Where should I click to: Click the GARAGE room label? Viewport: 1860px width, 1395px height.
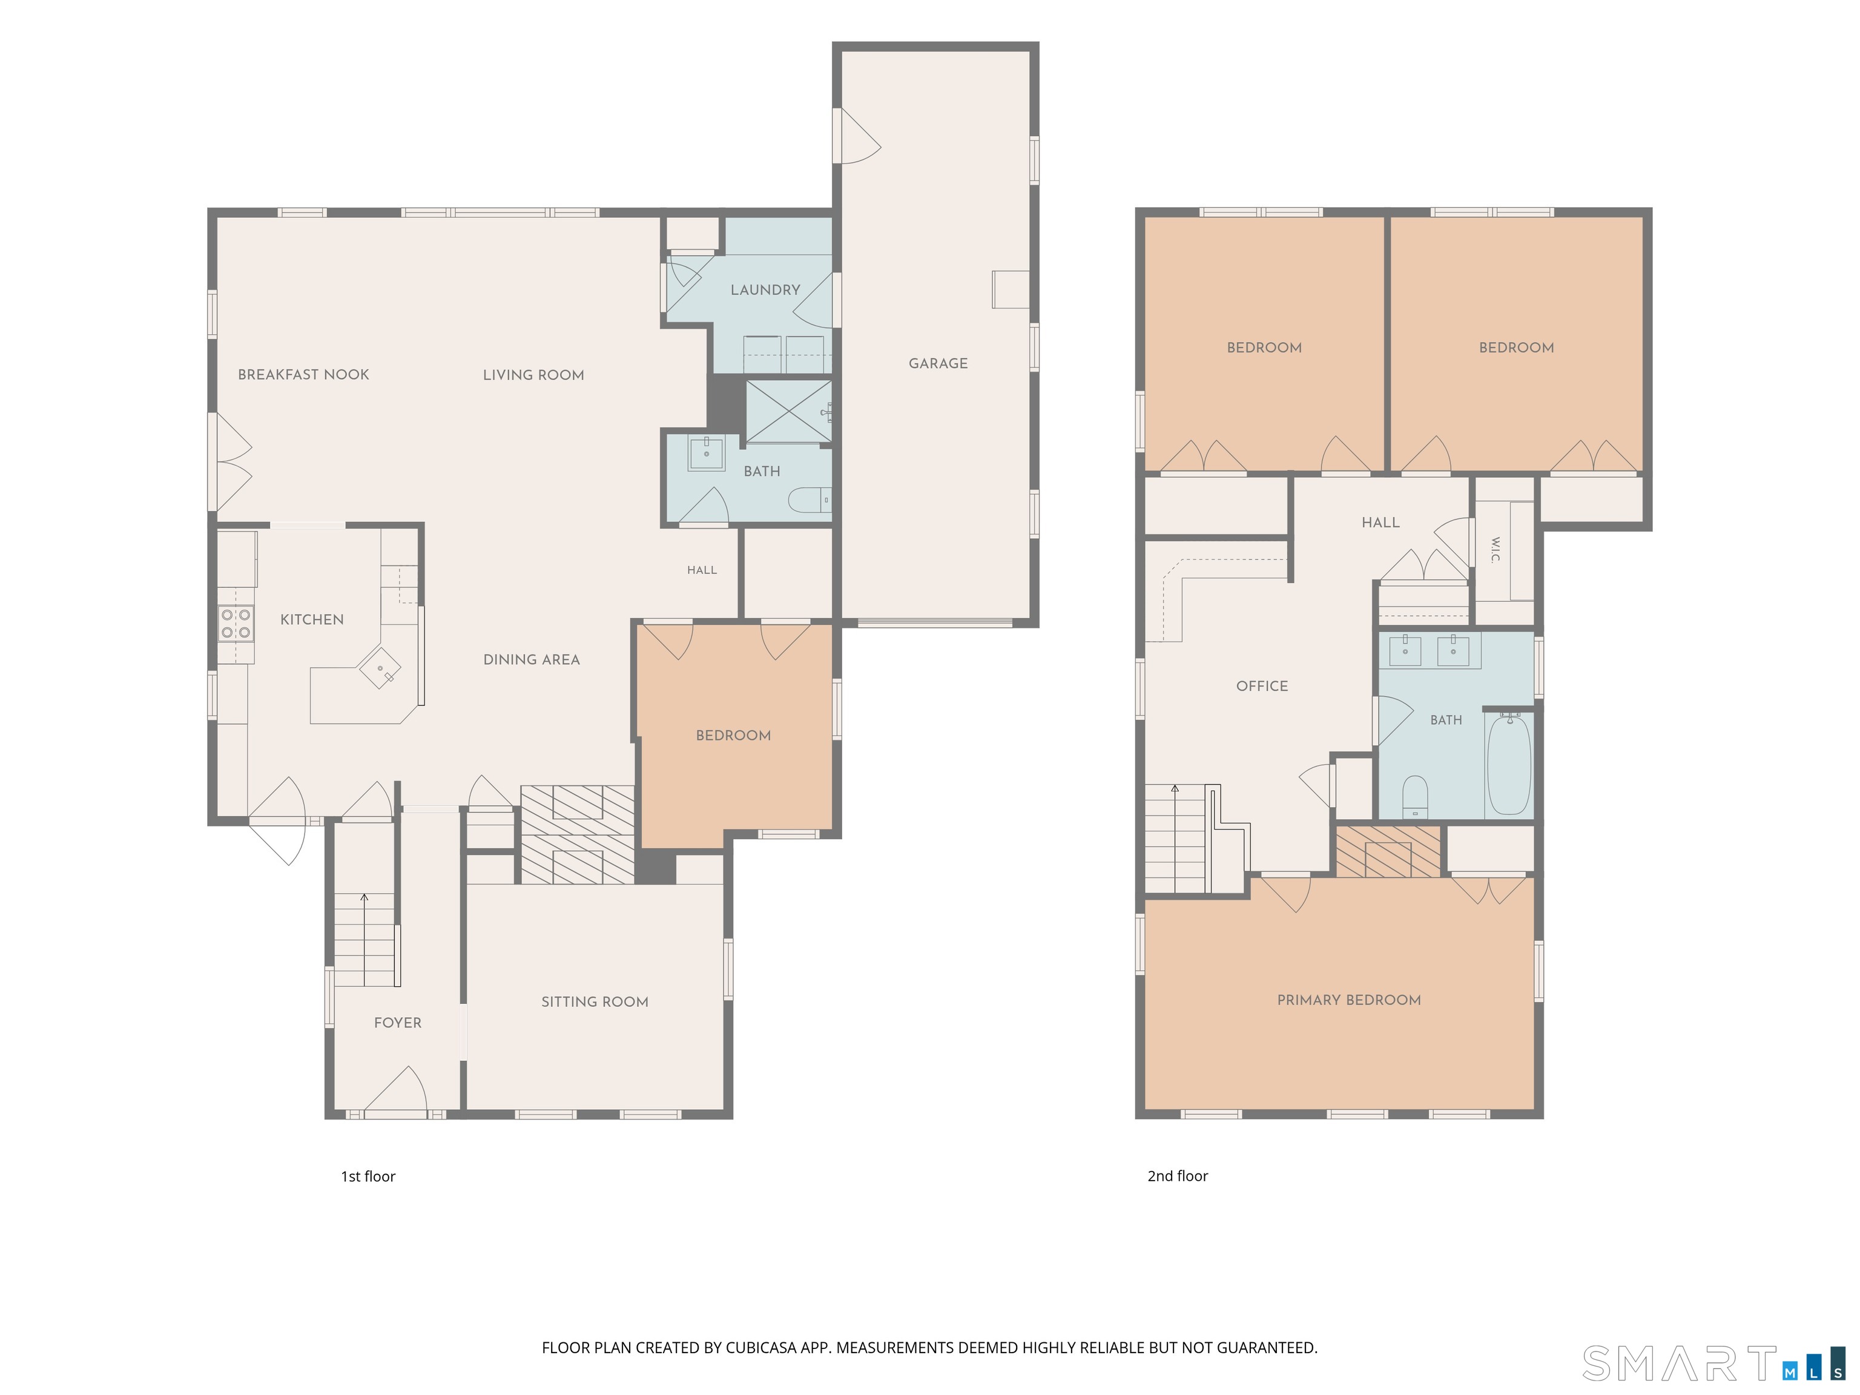click(937, 363)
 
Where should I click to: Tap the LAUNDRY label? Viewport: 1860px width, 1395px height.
click(765, 290)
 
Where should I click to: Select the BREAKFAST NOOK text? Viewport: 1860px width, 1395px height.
click(303, 375)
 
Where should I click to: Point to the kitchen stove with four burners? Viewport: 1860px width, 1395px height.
click(236, 623)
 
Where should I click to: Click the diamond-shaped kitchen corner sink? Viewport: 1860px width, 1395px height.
click(380, 668)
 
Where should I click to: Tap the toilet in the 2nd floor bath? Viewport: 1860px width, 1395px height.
click(1415, 796)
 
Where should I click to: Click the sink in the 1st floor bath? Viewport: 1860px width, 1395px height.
click(707, 453)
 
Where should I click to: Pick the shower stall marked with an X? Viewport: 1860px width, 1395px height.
click(788, 411)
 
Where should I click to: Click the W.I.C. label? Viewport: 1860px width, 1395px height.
click(1495, 550)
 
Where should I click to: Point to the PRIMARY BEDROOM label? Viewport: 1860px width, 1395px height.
click(1349, 1000)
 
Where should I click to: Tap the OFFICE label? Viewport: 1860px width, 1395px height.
click(1262, 686)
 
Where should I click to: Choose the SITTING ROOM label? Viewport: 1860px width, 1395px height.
click(595, 1001)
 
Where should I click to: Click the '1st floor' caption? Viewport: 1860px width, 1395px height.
click(368, 1176)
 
